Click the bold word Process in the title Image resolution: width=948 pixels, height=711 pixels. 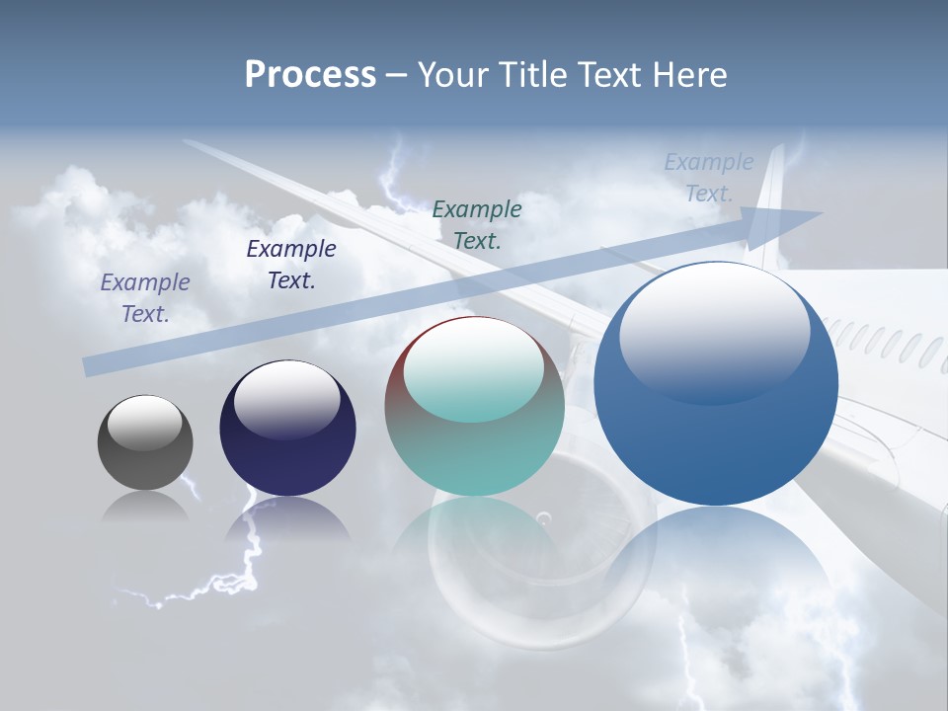point(310,74)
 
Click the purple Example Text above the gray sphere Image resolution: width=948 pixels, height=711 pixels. point(145,297)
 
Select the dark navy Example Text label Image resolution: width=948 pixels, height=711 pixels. point(291,264)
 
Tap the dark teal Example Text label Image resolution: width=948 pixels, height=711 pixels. point(477,224)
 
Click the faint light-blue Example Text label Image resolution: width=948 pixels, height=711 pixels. point(708,178)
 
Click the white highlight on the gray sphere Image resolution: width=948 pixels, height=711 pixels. point(145,423)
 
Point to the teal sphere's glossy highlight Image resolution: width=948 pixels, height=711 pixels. point(474,370)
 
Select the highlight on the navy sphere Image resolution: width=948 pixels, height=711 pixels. point(287,398)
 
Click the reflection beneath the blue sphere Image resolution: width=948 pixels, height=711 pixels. point(716,563)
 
